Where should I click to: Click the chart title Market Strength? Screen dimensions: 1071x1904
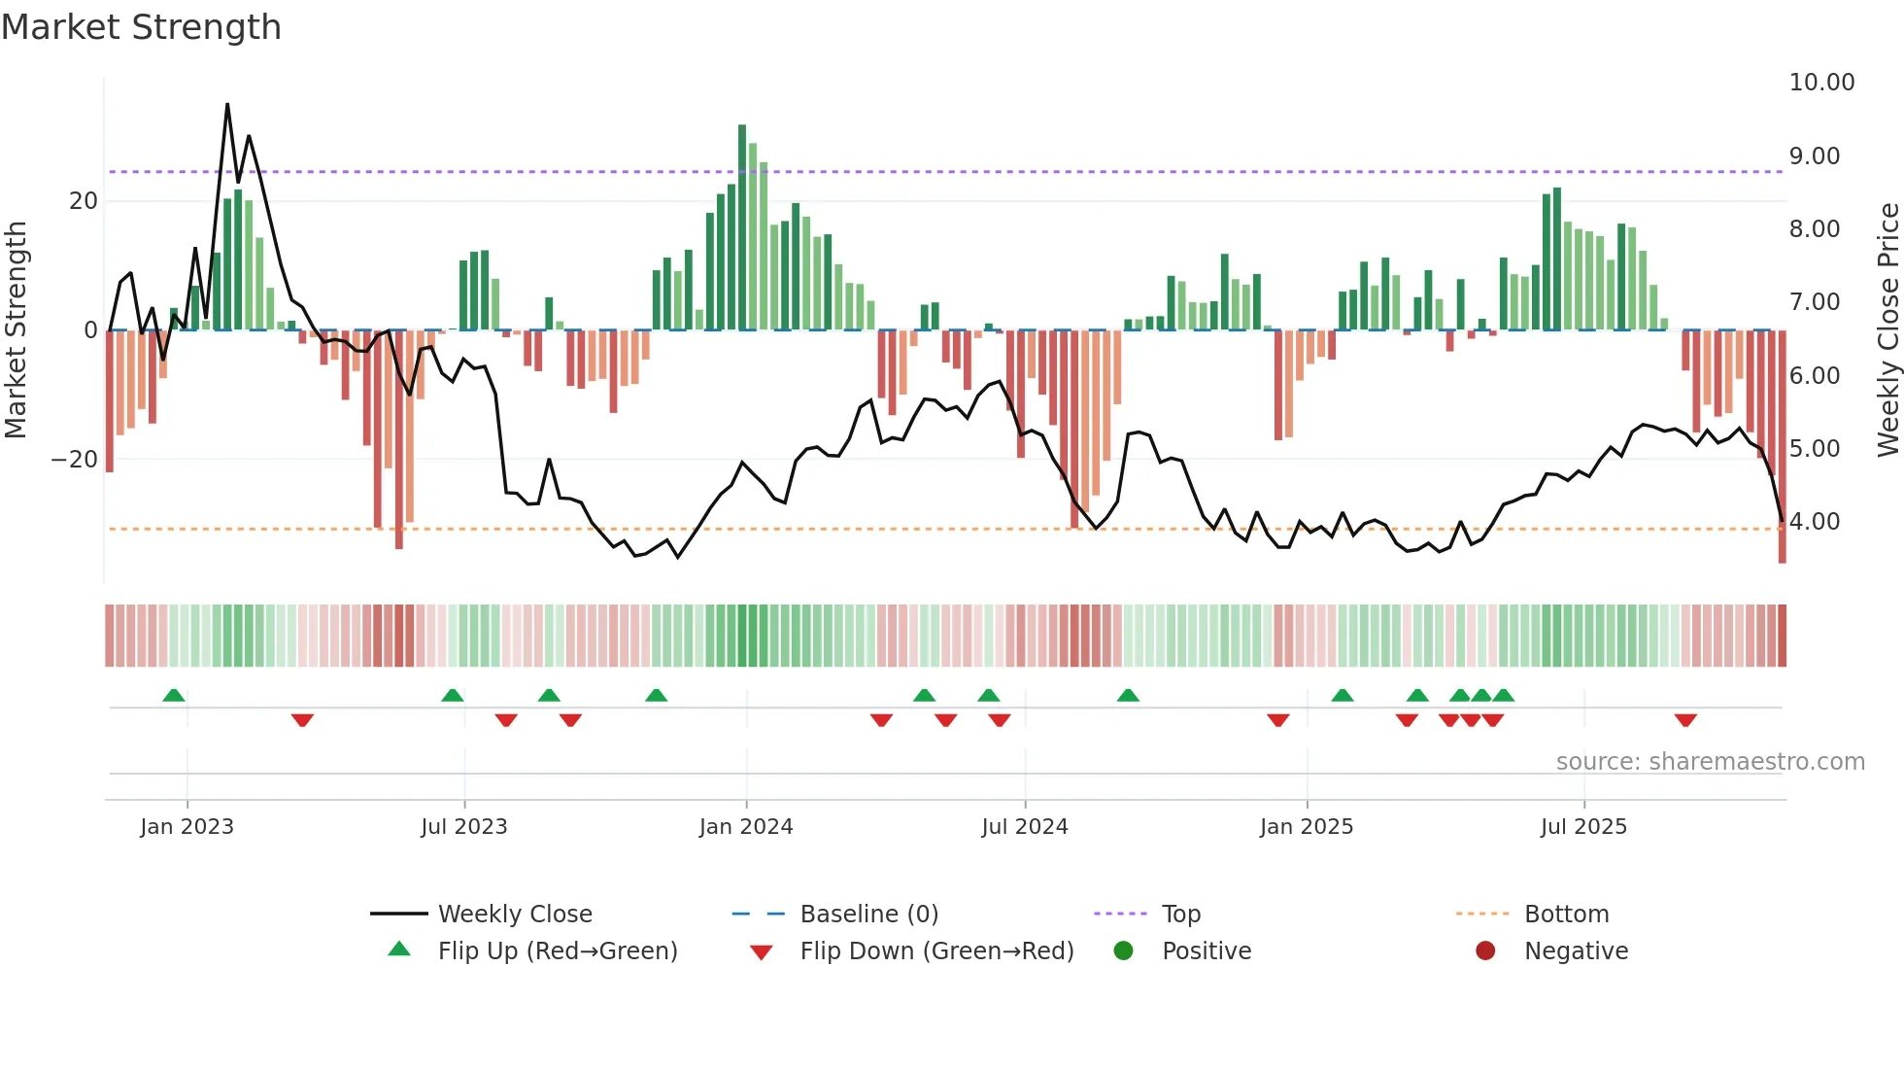click(x=141, y=27)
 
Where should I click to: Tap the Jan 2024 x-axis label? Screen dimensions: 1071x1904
click(x=745, y=826)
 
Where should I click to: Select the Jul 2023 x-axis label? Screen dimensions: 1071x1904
click(x=463, y=826)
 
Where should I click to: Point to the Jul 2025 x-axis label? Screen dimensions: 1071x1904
click(x=1582, y=826)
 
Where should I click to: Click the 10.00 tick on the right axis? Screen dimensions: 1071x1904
click(x=1821, y=83)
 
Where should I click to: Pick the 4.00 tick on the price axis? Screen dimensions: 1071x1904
click(x=1814, y=522)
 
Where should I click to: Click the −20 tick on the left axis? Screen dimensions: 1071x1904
click(x=75, y=459)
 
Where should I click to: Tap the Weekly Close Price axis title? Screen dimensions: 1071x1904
click(x=1887, y=329)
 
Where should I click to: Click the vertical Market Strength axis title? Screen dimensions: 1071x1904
click(x=17, y=329)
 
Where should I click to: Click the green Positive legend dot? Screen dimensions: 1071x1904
click(x=1123, y=950)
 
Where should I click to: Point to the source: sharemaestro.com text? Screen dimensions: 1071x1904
click(x=1710, y=761)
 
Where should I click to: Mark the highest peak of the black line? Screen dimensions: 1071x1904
click(x=227, y=104)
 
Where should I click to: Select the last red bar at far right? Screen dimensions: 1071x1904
click(x=1782, y=447)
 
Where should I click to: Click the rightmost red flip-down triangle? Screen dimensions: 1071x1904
click(x=1685, y=720)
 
